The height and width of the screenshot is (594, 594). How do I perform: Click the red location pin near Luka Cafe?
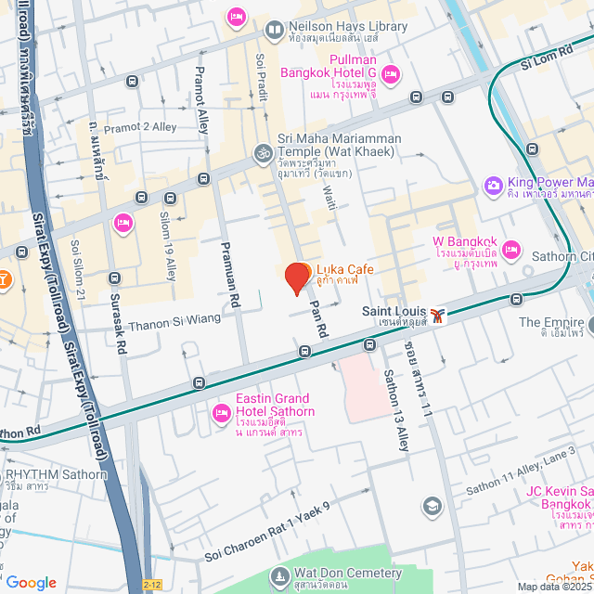[297, 278]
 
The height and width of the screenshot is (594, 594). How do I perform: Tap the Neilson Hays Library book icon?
[274, 31]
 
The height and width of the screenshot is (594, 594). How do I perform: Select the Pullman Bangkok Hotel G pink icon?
[391, 73]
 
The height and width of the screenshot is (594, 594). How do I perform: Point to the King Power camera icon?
[493, 187]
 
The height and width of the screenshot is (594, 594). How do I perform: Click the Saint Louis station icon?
[437, 314]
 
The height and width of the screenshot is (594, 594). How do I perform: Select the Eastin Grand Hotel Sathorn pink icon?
[222, 412]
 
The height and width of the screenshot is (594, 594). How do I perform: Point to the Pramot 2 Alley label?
[138, 128]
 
